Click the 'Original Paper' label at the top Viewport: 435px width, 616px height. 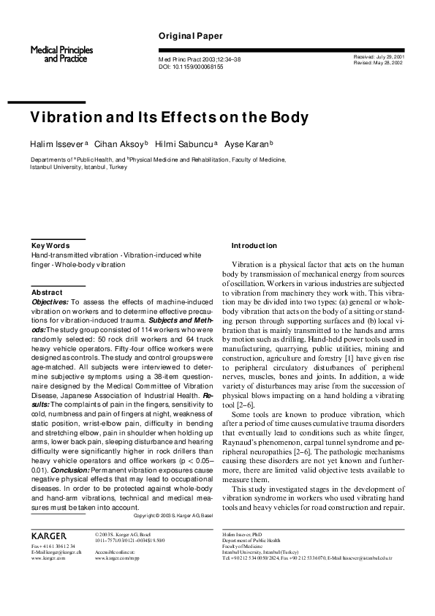coord(186,36)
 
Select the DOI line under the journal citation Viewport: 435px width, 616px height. coord(191,66)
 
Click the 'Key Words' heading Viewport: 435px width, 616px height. coord(50,245)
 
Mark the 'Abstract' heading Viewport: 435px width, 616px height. coord(48,292)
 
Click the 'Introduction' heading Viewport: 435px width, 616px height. coord(254,245)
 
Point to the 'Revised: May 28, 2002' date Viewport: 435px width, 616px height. coord(379,63)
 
